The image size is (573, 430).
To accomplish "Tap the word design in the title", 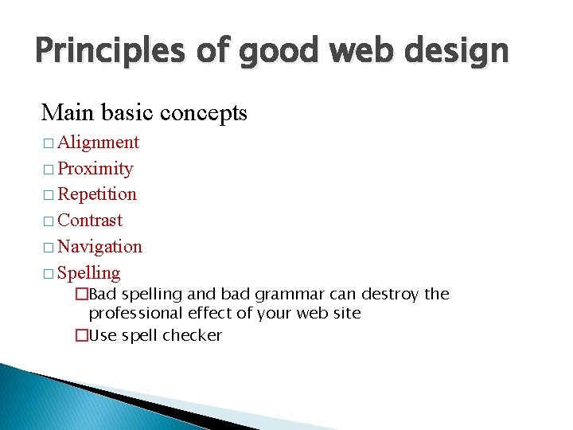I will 462,52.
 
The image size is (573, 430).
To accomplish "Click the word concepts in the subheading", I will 204,113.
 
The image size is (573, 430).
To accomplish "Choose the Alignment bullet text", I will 99,143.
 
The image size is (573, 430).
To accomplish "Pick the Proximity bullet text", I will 95,169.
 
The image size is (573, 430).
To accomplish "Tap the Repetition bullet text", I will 97,194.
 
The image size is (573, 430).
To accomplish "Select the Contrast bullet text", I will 90,221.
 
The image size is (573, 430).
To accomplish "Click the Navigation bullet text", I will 100,247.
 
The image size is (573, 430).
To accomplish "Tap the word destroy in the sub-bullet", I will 390,295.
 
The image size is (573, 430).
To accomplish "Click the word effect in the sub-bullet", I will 210,314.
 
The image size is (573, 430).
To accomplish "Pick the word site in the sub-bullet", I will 346,314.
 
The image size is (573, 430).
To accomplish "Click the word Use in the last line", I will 102,335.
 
